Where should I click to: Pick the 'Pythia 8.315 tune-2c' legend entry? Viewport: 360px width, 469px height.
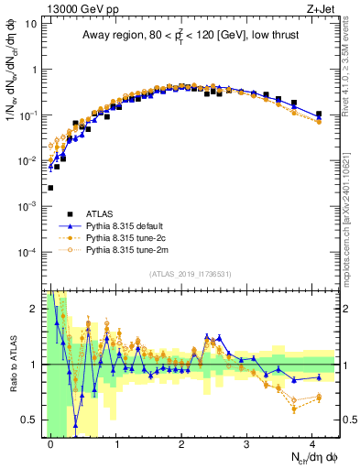click(136, 237)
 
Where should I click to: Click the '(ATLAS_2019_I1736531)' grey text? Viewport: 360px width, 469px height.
click(191, 273)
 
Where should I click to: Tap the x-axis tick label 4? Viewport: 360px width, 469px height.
click(313, 442)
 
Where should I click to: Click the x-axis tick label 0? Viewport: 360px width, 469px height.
click(50, 442)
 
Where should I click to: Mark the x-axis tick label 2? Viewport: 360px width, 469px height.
click(181, 442)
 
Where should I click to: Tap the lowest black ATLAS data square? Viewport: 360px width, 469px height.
click(50, 188)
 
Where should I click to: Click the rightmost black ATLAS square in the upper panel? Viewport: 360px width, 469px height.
click(319, 115)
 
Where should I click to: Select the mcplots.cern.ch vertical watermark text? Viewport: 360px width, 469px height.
click(350, 229)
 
